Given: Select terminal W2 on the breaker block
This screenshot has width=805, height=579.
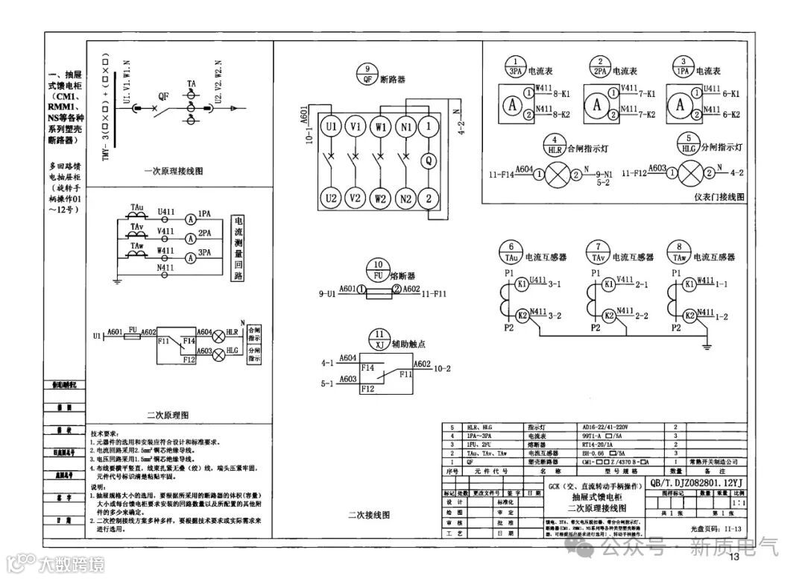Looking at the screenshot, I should click(381, 198).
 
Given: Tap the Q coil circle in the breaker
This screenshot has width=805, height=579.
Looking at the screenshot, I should click(429, 160).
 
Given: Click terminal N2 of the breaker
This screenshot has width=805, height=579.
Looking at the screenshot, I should click(405, 198).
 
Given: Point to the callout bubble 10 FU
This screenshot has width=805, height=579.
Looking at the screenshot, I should click(379, 270).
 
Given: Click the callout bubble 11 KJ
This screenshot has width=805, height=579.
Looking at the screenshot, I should click(381, 339).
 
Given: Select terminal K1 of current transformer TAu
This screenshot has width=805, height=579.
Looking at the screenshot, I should click(523, 284).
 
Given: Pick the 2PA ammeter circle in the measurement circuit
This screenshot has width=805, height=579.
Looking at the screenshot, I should click(191, 238).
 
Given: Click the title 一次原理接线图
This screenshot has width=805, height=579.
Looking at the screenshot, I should click(174, 171).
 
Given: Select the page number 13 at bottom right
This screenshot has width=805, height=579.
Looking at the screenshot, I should click(734, 557).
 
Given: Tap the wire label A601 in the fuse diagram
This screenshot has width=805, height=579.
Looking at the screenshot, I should click(346, 289).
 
